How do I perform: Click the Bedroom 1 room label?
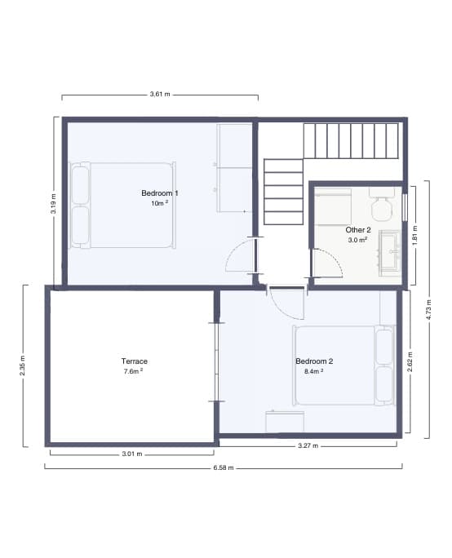(x=160, y=193)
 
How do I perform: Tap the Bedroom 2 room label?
(x=314, y=361)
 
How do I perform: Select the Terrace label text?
(x=135, y=361)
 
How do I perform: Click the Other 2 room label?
(x=358, y=230)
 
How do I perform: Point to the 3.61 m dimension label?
(x=160, y=95)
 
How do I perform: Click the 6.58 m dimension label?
(x=223, y=468)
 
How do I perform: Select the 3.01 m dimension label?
(x=131, y=454)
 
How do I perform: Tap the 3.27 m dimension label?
(x=308, y=446)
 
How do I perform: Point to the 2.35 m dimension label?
(x=23, y=365)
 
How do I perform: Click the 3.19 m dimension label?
(x=54, y=201)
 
